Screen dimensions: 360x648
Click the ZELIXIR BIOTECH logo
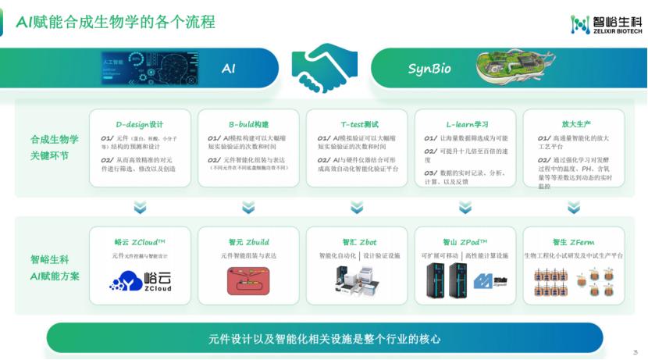[x=605, y=24]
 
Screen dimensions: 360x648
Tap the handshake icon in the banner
[x=324, y=68]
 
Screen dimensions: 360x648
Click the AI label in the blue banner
[x=228, y=69]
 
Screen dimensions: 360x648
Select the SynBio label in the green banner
[x=429, y=69]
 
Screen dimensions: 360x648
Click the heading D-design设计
[x=140, y=125]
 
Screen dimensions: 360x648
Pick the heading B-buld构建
[x=248, y=125]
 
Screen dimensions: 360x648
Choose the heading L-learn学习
[x=467, y=125]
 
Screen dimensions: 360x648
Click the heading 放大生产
[x=574, y=125]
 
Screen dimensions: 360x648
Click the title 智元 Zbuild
[x=248, y=242]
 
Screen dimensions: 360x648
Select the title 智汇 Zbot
[x=358, y=242]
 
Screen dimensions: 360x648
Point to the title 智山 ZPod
[x=465, y=242]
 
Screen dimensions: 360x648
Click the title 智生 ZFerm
[x=574, y=242]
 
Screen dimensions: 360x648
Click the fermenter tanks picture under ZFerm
[x=573, y=283]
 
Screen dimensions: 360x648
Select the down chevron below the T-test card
[x=357, y=207]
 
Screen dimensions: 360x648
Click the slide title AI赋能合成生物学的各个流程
[x=116, y=22]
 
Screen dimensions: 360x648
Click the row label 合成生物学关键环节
[x=55, y=147]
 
